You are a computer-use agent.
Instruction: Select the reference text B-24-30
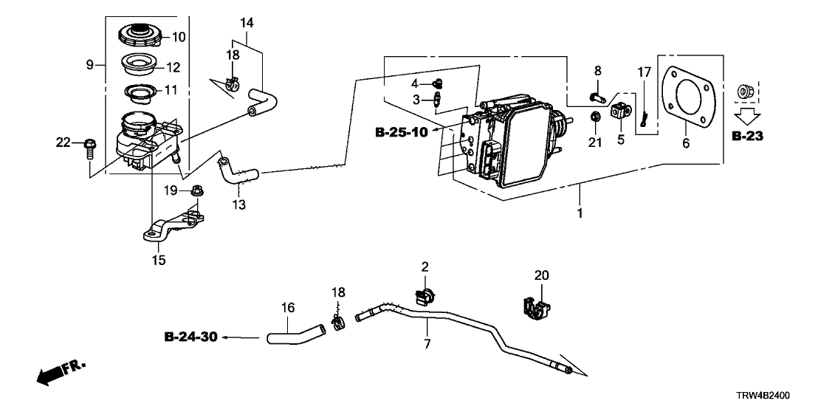(190, 338)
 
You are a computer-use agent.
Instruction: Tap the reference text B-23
(746, 137)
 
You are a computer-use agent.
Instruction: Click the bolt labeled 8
(597, 94)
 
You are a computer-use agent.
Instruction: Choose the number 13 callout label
(238, 203)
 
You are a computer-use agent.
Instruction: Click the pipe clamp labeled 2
(424, 297)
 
